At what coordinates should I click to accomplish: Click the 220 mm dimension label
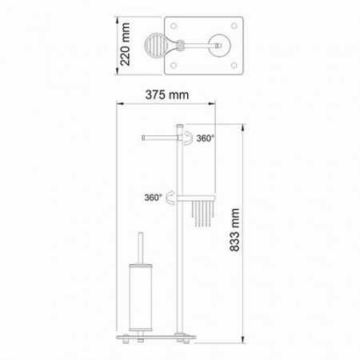125,44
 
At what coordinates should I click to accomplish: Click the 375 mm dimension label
167,95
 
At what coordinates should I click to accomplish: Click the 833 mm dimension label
234,230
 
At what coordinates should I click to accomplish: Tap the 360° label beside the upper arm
206,138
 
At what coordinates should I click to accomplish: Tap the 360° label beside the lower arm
154,198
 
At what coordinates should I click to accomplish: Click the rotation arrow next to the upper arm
188,138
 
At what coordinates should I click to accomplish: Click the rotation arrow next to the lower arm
170,198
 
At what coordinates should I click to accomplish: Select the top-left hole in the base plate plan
174,26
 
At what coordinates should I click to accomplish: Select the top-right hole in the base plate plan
234,26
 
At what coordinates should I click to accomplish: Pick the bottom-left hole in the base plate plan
174,65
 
